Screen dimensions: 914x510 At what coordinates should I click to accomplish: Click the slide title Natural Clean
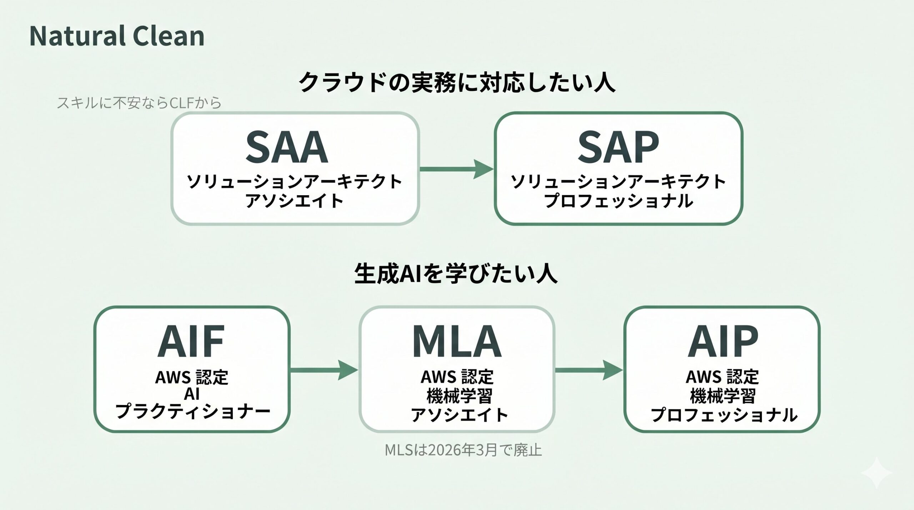pyautogui.click(x=117, y=36)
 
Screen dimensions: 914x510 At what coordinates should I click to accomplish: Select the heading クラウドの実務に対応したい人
pyautogui.click(x=457, y=82)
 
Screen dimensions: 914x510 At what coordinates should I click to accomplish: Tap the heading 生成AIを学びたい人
pyautogui.click(x=456, y=274)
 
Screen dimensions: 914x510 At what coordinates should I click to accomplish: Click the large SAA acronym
pyautogui.click(x=287, y=147)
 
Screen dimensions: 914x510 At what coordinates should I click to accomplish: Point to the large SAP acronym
pyautogui.click(x=618, y=147)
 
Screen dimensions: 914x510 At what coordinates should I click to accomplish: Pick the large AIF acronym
pyautogui.click(x=191, y=341)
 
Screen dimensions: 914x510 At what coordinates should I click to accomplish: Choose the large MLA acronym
pyautogui.click(x=457, y=341)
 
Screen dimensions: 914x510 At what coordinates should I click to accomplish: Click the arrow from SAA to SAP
pyautogui.click(x=457, y=169)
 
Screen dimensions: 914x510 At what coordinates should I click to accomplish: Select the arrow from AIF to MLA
pyautogui.click(x=324, y=370)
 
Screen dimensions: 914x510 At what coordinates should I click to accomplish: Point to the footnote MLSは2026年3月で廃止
pyautogui.click(x=463, y=450)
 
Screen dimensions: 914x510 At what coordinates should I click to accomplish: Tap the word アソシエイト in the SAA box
pyautogui.click(x=294, y=201)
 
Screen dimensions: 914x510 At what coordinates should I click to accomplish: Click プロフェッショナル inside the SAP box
pyautogui.click(x=618, y=201)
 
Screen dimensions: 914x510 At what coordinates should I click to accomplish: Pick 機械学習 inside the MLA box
pyautogui.click(x=459, y=396)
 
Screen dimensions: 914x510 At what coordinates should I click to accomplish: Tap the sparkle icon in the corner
pyautogui.click(x=877, y=473)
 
